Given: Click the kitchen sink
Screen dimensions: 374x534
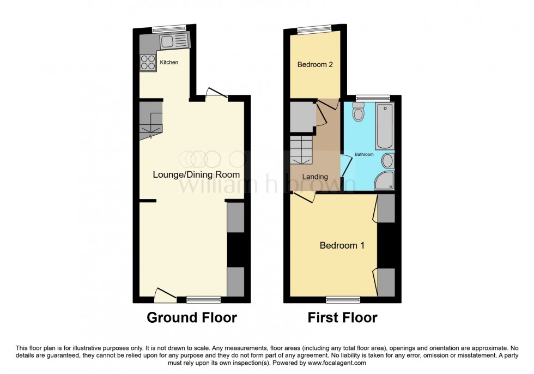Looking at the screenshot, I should point(173,40).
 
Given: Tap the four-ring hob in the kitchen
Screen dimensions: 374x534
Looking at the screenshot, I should point(148,62).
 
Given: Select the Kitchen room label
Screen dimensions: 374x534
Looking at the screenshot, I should point(169,63).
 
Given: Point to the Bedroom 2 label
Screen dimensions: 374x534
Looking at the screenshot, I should point(315,64).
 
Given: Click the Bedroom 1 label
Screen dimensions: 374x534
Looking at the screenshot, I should point(342,245).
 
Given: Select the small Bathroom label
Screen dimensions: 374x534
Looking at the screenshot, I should point(365,155).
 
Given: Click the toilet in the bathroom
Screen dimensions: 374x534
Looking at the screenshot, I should point(358,113).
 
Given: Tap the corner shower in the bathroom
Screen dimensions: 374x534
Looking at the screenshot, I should point(386,182).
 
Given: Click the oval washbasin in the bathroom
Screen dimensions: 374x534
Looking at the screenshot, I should point(387,161).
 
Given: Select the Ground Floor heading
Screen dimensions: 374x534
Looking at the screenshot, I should point(192,318).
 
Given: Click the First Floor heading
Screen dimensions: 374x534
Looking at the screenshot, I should point(342,318).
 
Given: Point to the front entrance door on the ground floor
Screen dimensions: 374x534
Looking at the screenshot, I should point(165,295).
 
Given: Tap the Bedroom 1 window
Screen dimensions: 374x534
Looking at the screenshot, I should point(343,299).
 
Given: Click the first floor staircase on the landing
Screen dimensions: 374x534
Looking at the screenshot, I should point(301,149).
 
